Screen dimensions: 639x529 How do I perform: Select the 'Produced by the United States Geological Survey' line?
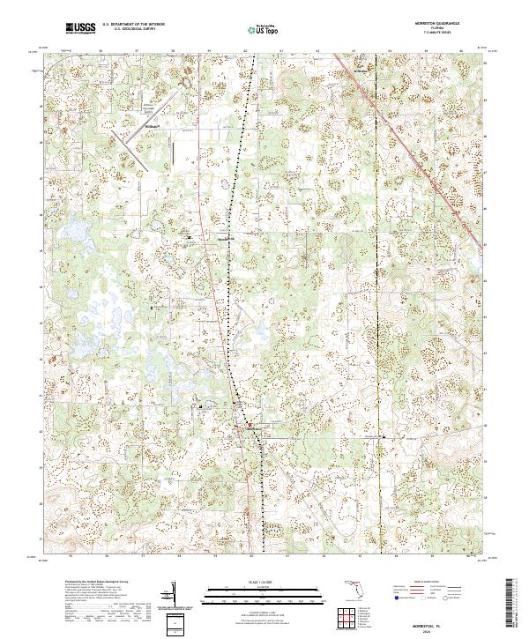tap(93, 583)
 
